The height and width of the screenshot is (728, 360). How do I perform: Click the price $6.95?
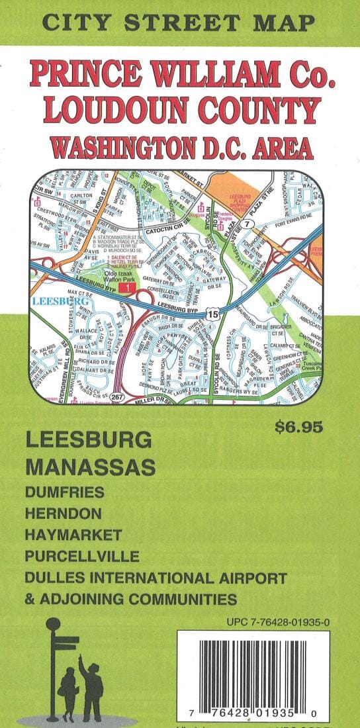(x=299, y=426)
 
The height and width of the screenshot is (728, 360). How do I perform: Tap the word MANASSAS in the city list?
(x=91, y=467)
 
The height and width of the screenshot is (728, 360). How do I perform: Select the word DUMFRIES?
(x=64, y=492)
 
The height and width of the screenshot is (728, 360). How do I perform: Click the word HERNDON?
(x=63, y=513)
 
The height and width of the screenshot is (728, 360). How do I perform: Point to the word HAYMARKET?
(x=73, y=534)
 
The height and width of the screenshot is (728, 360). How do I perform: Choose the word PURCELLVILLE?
(x=81, y=555)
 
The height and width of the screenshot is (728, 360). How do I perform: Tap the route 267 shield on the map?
(x=117, y=396)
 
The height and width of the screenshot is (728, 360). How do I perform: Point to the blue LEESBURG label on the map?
(x=54, y=302)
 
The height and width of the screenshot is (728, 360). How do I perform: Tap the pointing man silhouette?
(x=91, y=688)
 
